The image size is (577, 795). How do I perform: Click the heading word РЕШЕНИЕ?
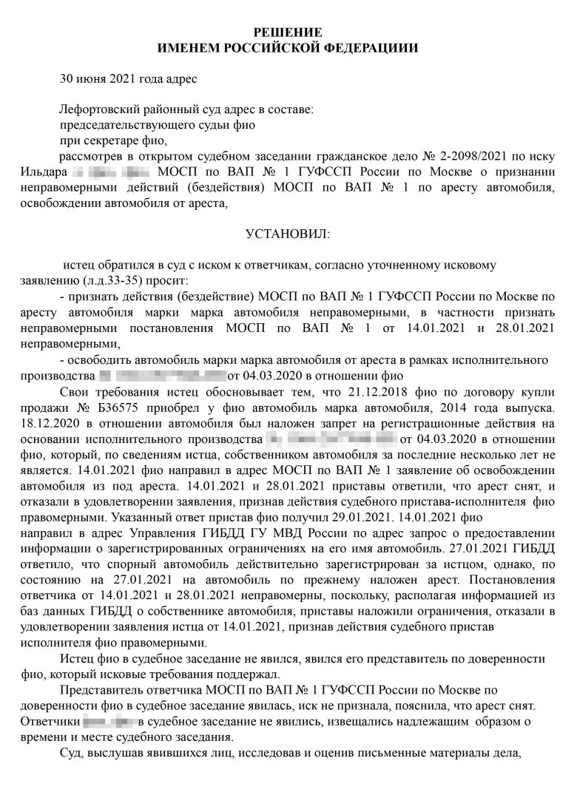click(x=288, y=32)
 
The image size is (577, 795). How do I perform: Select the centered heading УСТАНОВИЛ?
click(x=288, y=234)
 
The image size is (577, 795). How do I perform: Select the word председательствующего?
click(x=119, y=125)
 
